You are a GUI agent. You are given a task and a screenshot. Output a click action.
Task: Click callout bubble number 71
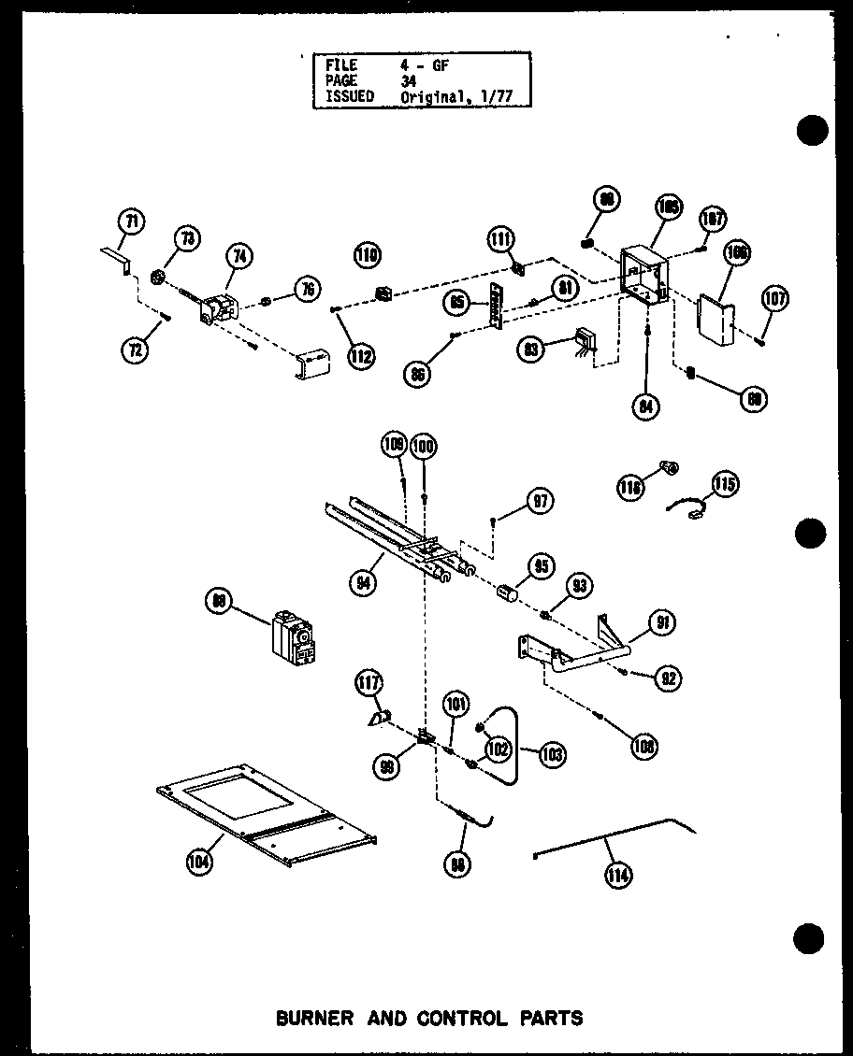point(132,222)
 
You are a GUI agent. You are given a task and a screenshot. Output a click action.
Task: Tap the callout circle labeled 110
point(369,254)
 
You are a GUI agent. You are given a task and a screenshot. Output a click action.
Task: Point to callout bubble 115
point(725,483)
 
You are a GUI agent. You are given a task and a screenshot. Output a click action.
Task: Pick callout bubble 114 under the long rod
point(618,875)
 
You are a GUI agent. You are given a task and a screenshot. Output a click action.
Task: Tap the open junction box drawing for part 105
point(645,272)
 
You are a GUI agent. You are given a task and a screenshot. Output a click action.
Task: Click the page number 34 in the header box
point(409,81)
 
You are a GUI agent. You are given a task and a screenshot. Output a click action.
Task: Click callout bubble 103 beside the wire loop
point(553,753)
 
